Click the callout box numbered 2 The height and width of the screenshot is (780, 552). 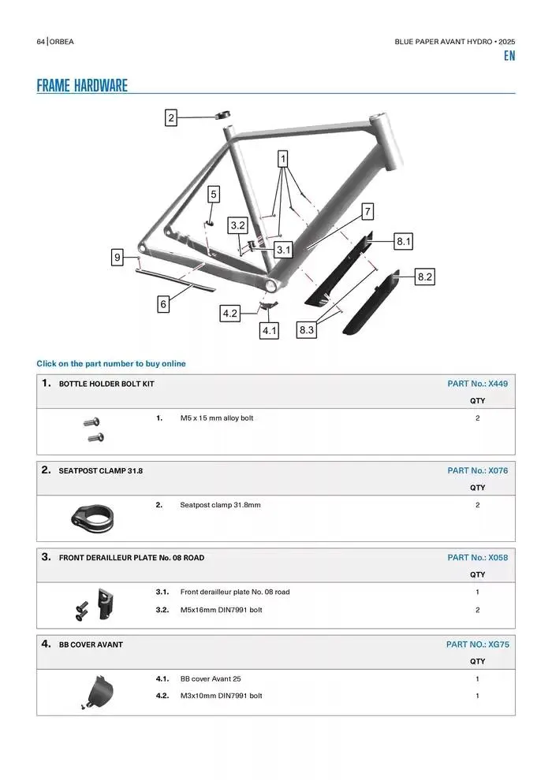171,118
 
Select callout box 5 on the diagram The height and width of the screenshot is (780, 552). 214,193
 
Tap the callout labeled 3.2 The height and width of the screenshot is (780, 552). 238,226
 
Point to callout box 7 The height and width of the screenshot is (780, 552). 367,211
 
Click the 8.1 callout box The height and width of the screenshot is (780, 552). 404,241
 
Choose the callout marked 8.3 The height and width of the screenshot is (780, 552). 307,330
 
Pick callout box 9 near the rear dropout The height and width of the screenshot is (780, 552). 117,257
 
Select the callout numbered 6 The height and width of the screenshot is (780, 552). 163,304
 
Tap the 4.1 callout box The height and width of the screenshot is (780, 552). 270,330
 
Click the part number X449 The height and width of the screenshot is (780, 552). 498,384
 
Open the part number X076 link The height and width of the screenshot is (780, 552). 498,470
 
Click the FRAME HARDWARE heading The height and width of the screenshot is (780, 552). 82,86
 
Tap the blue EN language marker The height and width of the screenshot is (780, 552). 509,56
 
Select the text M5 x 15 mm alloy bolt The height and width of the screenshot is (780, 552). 217,418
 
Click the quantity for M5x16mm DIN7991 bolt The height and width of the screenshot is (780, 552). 477,610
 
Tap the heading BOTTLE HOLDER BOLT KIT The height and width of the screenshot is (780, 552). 106,384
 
